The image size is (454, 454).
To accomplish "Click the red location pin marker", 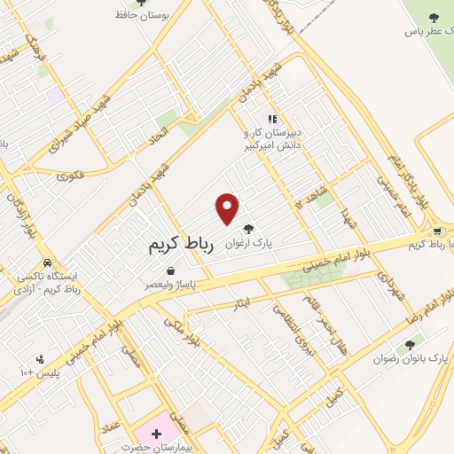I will (228, 208).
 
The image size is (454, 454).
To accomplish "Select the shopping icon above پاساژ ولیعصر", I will (169, 271).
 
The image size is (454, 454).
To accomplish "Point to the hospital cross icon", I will (156, 434).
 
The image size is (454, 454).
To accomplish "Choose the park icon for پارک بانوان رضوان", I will (409, 345).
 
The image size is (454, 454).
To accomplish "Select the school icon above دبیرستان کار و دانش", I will (273, 119).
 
